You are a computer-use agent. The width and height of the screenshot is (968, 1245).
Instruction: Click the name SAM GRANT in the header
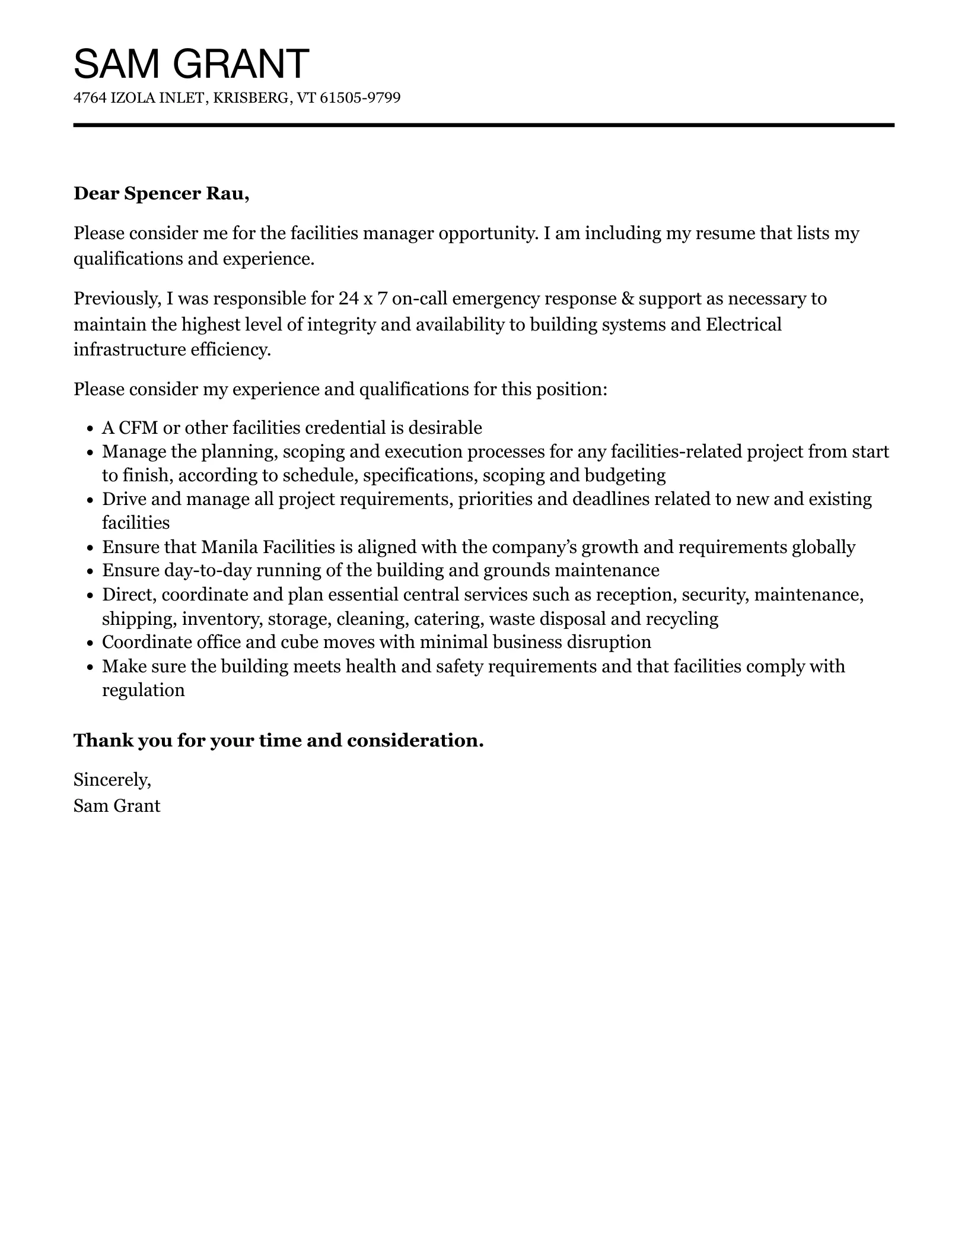coord(191,64)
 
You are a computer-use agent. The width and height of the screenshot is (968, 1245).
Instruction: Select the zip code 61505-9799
coord(360,98)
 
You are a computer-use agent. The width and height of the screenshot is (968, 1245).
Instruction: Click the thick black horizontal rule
coord(483,125)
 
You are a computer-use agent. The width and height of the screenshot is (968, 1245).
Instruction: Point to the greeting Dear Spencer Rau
coord(161,194)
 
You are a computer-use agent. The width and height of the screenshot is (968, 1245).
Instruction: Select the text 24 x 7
coord(363,298)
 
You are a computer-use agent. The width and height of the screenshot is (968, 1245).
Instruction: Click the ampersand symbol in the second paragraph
coord(627,298)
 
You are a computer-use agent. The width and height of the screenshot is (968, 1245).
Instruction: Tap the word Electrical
coord(743,325)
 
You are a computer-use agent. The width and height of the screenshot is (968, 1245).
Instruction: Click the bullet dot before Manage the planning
coord(90,453)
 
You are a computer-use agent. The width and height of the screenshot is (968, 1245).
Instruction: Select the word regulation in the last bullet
coord(143,690)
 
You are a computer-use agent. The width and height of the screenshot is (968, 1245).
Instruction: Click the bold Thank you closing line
coord(278,741)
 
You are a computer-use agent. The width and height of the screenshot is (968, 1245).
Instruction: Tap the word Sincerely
coord(112,780)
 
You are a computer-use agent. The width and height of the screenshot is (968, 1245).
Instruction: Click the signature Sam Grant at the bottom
coord(117,806)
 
